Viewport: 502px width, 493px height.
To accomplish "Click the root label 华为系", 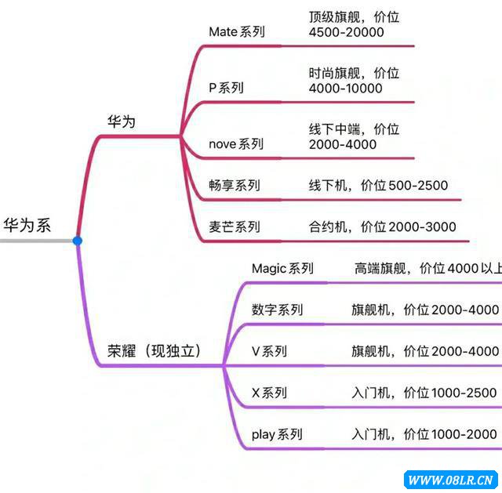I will [27, 226].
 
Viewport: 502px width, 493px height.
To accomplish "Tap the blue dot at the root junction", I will [77, 241].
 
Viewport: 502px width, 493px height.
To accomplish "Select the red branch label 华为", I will [122, 121].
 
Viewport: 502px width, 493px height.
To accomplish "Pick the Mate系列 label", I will [236, 32].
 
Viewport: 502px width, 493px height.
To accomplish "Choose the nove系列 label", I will [236, 144].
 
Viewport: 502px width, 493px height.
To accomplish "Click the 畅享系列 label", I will [235, 186].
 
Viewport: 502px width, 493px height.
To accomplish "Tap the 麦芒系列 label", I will [235, 227].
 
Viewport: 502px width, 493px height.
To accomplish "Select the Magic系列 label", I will [282, 269].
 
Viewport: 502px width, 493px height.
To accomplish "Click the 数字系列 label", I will [277, 310].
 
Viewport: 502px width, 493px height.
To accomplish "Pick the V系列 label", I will [269, 351].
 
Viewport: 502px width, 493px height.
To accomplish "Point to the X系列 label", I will [269, 393].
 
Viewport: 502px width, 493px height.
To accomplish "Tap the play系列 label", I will [277, 434].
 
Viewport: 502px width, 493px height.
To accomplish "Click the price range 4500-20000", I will [346, 32].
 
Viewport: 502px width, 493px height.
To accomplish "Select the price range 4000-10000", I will [346, 88].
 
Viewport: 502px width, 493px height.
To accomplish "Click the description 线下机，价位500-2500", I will [378, 186].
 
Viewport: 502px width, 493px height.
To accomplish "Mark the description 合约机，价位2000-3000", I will [382, 227].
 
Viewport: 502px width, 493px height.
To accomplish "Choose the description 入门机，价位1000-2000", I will [424, 434].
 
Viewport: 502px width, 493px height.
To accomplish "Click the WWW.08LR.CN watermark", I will [449, 479].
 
